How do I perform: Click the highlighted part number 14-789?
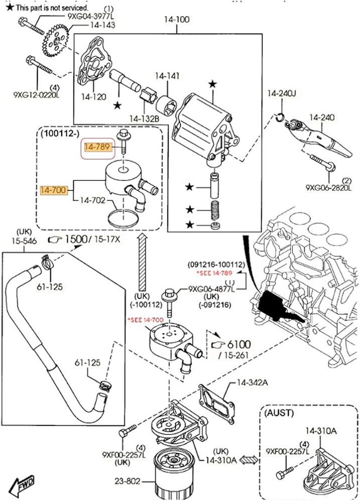click(x=97, y=147)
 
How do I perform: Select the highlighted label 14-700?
click(x=53, y=190)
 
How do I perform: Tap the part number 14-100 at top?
click(x=176, y=20)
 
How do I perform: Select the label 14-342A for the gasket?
click(x=252, y=382)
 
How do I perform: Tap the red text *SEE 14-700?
click(x=145, y=320)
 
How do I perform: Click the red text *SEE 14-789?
click(x=214, y=273)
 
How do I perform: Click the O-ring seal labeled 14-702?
click(x=123, y=218)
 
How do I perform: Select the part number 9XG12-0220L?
click(x=37, y=95)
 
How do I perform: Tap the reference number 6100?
click(x=239, y=345)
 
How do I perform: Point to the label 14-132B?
click(x=144, y=119)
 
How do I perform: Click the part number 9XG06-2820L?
click(x=329, y=187)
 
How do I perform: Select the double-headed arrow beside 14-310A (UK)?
click(x=248, y=460)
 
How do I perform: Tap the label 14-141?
click(x=167, y=76)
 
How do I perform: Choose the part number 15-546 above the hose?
click(x=24, y=241)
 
